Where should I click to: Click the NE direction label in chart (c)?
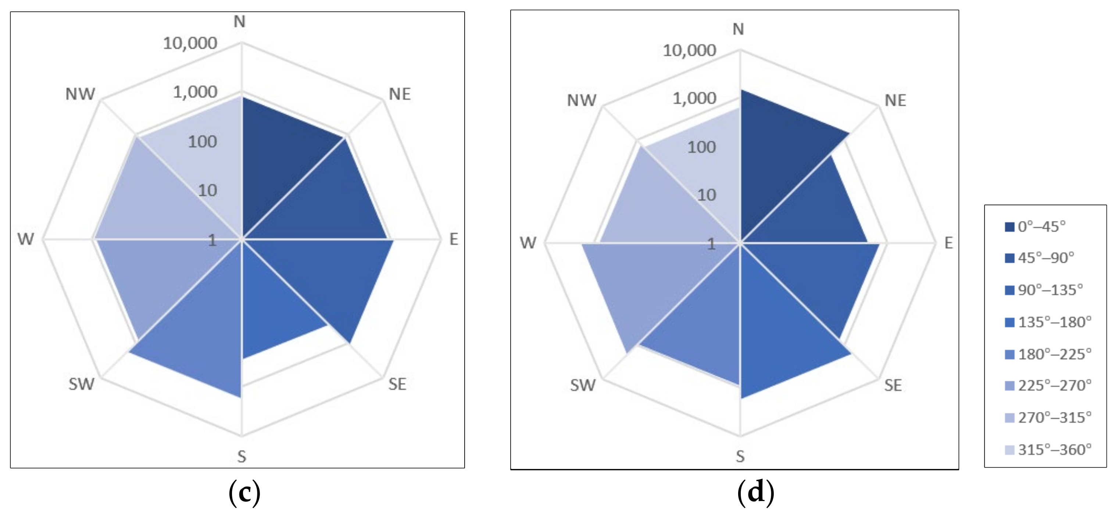[x=399, y=94]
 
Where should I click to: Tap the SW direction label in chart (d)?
[x=583, y=385]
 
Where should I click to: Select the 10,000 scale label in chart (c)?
[x=190, y=43]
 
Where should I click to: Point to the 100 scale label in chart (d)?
[x=701, y=148]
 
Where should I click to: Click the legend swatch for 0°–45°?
[x=1009, y=227]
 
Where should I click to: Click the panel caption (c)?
[x=244, y=493]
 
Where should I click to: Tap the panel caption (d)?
[x=755, y=493]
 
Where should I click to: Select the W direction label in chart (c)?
[x=26, y=239]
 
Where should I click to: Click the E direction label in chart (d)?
[x=949, y=243]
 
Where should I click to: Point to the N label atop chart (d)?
[x=738, y=29]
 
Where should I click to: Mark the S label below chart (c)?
[x=242, y=457]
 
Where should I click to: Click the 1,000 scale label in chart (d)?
[x=694, y=99]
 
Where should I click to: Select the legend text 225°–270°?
[x=1054, y=386]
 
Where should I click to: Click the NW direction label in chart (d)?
[x=581, y=100]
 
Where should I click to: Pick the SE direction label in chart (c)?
[x=397, y=384]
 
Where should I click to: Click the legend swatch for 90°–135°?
[x=1009, y=290]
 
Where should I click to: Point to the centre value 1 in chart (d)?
[x=711, y=244]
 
